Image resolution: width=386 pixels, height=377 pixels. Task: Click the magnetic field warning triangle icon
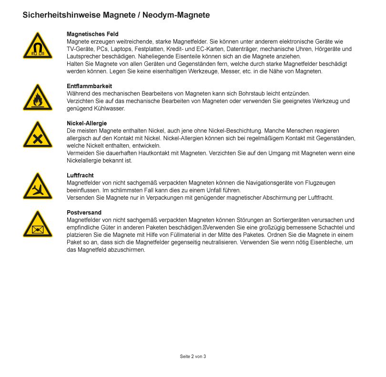(x=38, y=47)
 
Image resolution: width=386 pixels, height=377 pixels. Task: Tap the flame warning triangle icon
(x=38, y=99)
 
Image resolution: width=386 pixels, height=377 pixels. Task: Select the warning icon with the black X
(x=38, y=136)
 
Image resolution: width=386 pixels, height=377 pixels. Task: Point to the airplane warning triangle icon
(x=38, y=187)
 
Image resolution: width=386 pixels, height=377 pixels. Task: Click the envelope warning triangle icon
(x=38, y=225)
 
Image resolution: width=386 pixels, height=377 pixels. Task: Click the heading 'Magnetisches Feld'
(x=92, y=34)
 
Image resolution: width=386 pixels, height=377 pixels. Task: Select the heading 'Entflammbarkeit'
(x=89, y=86)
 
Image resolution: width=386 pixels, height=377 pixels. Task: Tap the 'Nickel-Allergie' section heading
(x=87, y=123)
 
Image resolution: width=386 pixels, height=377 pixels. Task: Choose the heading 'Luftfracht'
(x=80, y=175)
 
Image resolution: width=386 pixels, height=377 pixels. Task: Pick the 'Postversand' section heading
(x=84, y=213)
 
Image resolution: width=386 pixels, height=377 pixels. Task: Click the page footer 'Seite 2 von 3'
(x=193, y=357)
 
